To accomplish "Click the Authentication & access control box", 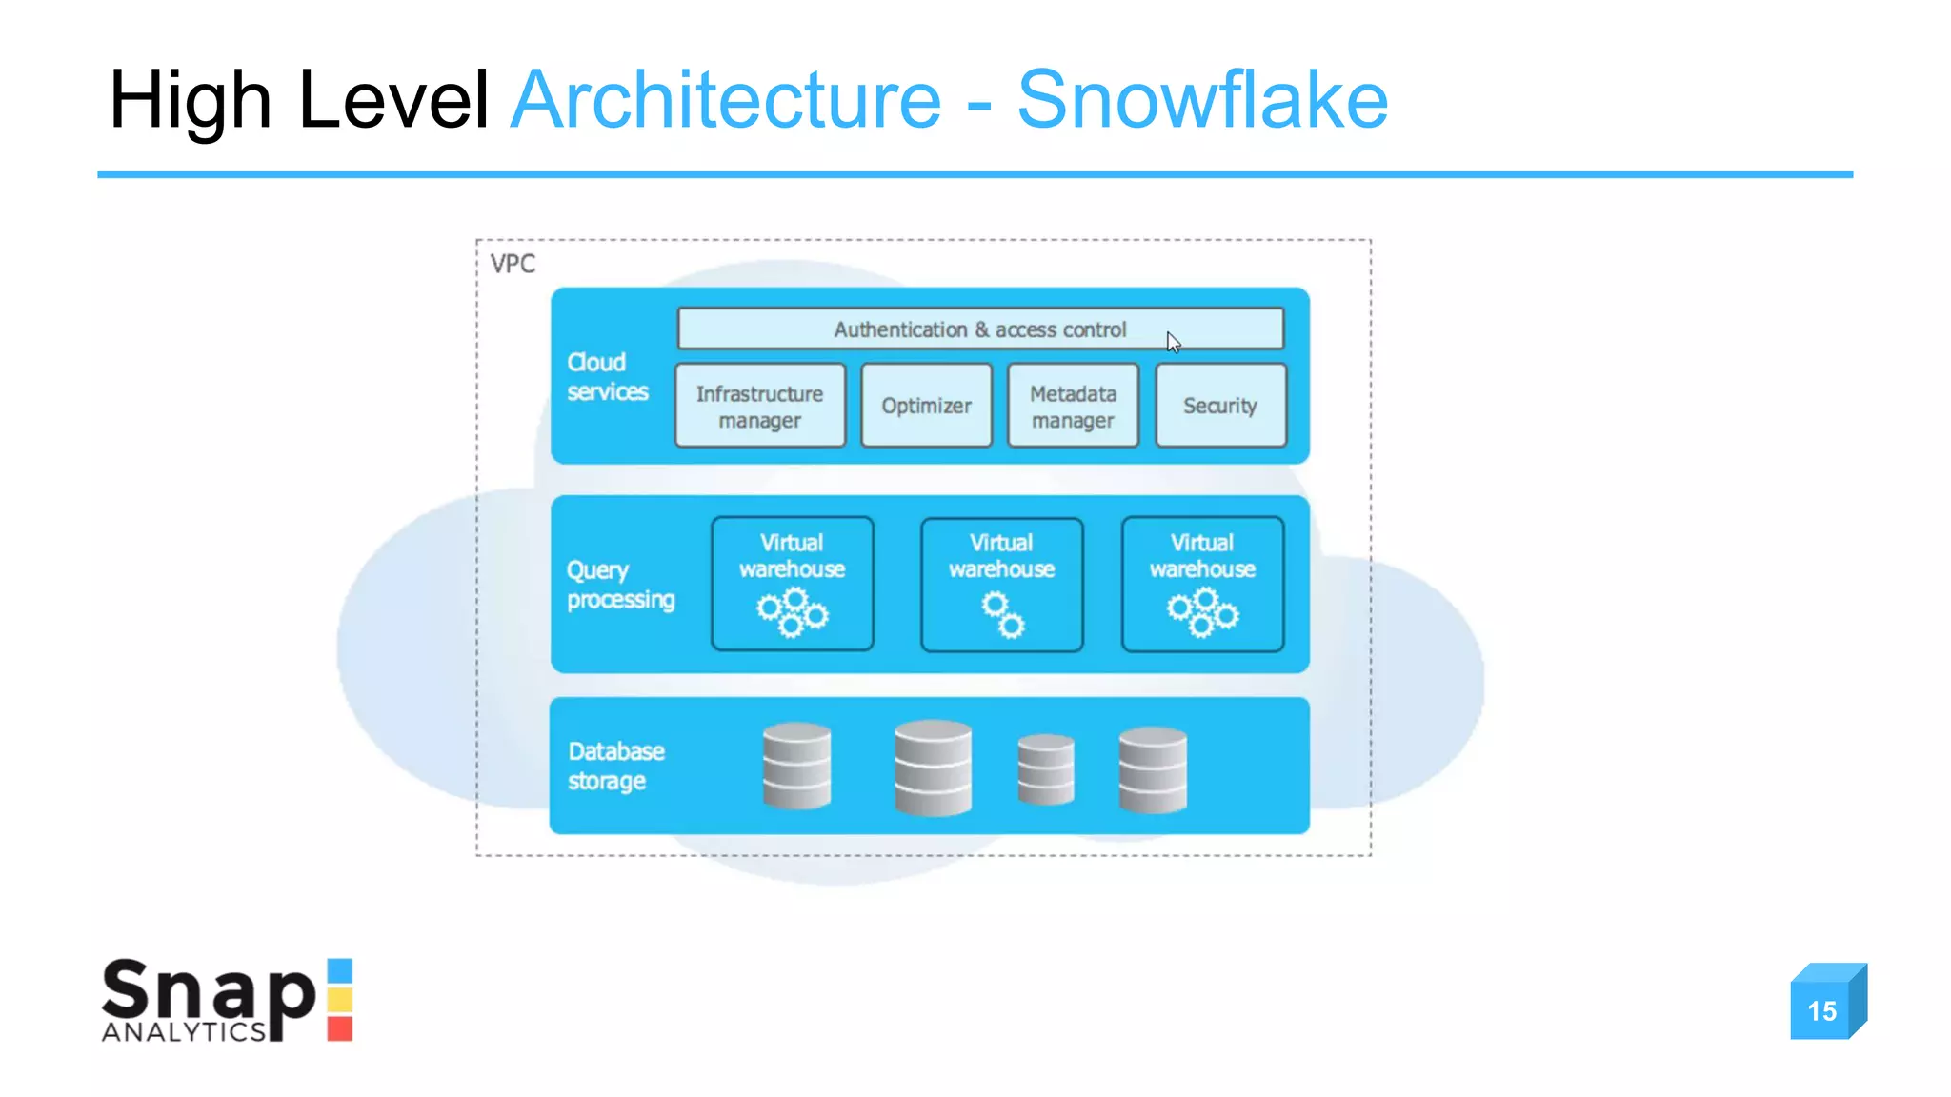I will (979, 329).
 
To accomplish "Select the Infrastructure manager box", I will (759, 407).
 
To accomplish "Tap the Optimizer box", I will (926, 407).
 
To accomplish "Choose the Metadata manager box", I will (1073, 407).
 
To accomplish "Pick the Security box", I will (1220, 407).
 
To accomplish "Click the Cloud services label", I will (607, 377).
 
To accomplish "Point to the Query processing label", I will (620, 585).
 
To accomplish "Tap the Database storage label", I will (615, 766).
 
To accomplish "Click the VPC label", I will (513, 264).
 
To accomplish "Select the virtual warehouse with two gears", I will (1001, 585).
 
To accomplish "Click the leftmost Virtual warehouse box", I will (792, 585).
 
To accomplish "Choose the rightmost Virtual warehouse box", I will (1202, 585).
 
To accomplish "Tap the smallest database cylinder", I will (1045, 769).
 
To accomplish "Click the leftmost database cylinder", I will (796, 766).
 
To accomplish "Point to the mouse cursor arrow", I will (1173, 342).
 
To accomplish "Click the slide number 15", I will (1822, 1010).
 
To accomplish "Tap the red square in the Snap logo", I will (340, 1028).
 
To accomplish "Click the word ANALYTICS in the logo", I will (184, 1032).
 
